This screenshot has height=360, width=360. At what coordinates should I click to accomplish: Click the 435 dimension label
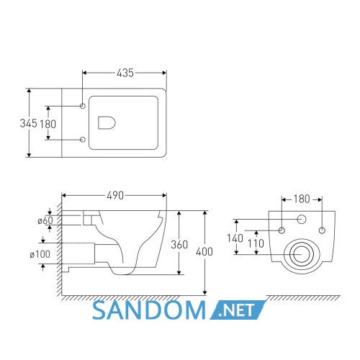[x=125, y=73]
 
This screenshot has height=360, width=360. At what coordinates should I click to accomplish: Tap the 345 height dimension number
[x=29, y=123]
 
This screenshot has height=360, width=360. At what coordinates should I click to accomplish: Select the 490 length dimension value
[x=115, y=196]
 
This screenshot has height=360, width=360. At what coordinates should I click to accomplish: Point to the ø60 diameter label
[x=45, y=220]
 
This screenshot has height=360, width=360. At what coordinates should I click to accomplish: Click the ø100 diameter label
[x=40, y=254]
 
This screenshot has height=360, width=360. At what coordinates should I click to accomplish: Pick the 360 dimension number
[x=179, y=245]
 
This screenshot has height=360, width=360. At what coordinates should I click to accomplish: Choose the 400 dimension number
[x=204, y=252]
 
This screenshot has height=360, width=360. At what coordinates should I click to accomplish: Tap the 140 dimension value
[x=235, y=238]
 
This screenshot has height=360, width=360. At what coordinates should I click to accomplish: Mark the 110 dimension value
[x=256, y=243]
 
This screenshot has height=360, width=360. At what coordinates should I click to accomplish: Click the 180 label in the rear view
[x=302, y=199]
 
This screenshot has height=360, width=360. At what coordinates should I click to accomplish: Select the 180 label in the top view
[x=48, y=124]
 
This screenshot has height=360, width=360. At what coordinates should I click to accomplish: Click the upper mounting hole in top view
[x=83, y=106]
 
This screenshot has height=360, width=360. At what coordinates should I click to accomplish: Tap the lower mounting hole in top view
[x=83, y=140]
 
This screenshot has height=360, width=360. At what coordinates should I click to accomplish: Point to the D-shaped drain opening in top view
[x=107, y=123]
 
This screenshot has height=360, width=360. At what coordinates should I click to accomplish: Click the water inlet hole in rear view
[x=302, y=219]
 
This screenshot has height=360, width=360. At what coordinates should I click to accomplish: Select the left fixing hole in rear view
[x=282, y=230]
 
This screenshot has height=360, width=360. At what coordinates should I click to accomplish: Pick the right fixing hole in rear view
[x=322, y=230]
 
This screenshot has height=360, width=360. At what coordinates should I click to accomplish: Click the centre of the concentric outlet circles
[x=302, y=254]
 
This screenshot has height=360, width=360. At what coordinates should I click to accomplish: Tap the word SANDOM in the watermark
[x=149, y=310]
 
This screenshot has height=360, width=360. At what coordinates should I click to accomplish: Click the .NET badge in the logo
[x=238, y=310]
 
